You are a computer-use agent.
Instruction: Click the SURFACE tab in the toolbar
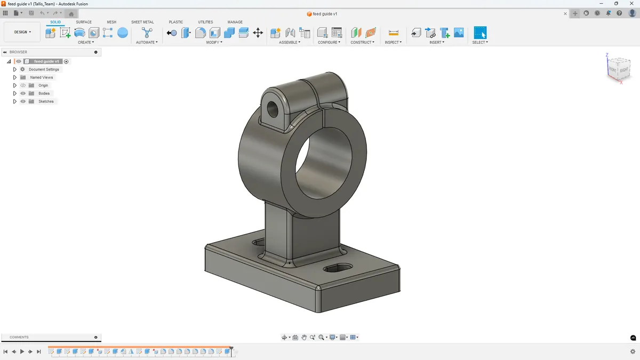(84, 22)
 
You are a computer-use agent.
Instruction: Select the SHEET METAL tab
(142, 22)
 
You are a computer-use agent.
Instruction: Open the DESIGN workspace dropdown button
(22, 32)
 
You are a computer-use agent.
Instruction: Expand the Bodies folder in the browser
(15, 93)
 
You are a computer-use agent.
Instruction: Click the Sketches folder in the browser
(46, 101)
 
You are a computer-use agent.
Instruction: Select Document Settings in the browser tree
(44, 69)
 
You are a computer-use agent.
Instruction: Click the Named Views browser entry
(41, 77)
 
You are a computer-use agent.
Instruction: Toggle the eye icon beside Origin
(23, 85)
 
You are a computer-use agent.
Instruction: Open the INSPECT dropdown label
(393, 42)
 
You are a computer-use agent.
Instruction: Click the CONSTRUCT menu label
(362, 42)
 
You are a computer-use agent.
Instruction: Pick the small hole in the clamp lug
(273, 108)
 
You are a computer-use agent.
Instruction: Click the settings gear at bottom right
(633, 351)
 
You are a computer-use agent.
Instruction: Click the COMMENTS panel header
(19, 337)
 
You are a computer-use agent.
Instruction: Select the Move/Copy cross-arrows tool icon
(258, 33)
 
